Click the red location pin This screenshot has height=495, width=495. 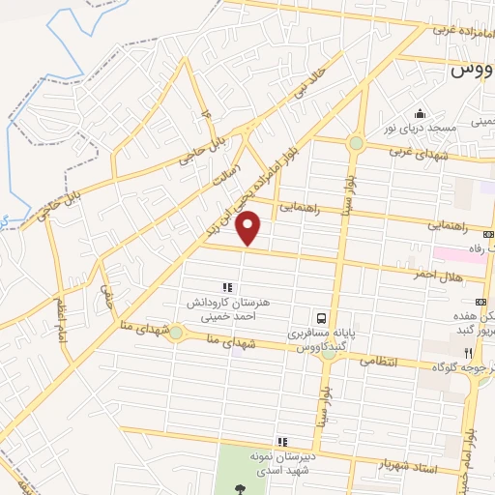tap(250, 229)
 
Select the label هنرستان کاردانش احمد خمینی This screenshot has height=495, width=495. tap(227, 308)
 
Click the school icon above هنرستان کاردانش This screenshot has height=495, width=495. tap(227, 287)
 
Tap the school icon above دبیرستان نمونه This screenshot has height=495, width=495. tap(281, 441)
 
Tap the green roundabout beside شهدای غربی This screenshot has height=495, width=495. tap(356, 144)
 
